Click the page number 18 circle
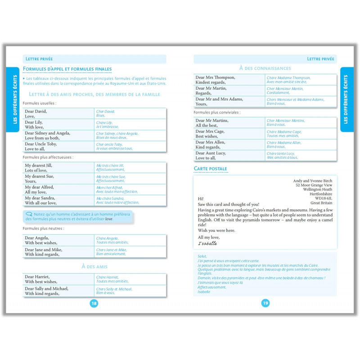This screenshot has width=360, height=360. click(x=94, y=303)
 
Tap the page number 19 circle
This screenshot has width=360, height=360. click(x=265, y=303)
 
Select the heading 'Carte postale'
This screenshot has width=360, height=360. click(x=211, y=169)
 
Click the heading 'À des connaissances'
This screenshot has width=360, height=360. click(x=265, y=68)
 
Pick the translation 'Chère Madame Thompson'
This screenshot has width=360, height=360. click(x=288, y=78)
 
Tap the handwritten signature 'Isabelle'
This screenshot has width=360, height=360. click(x=207, y=243)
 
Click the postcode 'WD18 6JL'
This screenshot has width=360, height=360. click(x=323, y=198)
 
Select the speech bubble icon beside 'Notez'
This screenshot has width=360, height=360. click(x=29, y=214)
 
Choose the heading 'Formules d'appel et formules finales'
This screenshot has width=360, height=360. click(x=67, y=69)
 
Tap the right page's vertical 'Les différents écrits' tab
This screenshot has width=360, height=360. click(x=346, y=99)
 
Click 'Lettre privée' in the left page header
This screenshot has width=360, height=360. click(x=39, y=59)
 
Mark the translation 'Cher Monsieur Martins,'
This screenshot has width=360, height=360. click(x=286, y=121)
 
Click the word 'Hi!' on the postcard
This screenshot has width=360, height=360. click(x=201, y=198)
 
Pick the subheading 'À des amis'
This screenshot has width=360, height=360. click(x=94, y=266)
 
